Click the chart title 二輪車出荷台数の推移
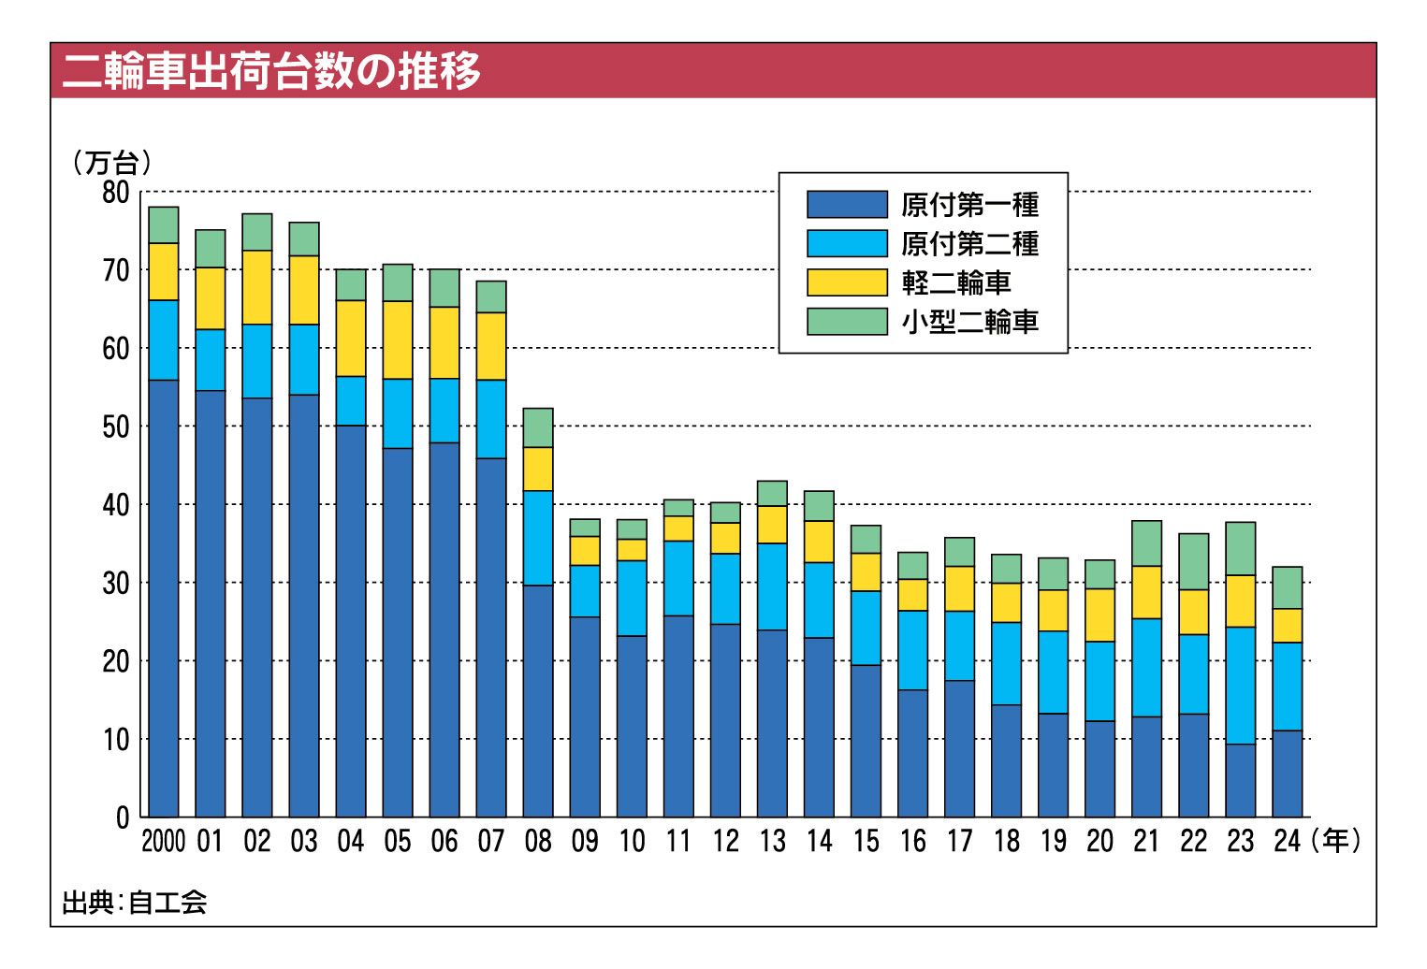pyautogui.click(x=271, y=71)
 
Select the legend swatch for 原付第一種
pyautogui.click(x=847, y=204)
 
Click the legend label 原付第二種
pyautogui.click(x=969, y=244)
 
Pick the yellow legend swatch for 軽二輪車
pyautogui.click(x=847, y=282)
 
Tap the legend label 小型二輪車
pyautogui.click(x=969, y=322)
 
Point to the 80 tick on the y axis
pyautogui.click(x=116, y=193)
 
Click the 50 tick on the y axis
pyautogui.click(x=116, y=427)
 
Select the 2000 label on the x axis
pyautogui.click(x=164, y=842)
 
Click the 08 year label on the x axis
pyautogui.click(x=538, y=842)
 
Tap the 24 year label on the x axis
pyautogui.click(x=1287, y=842)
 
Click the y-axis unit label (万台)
pyautogui.click(x=111, y=163)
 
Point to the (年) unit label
pyautogui.click(x=1335, y=841)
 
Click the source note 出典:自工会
pyautogui.click(x=134, y=903)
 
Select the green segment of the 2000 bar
pyautogui.click(x=164, y=224)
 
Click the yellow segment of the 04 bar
pyautogui.click(x=351, y=338)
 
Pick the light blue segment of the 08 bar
pyautogui.click(x=538, y=538)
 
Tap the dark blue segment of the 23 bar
pyautogui.click(x=1240, y=781)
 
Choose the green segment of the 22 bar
pyautogui.click(x=1193, y=561)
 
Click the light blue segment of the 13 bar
pyautogui.click(x=772, y=586)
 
